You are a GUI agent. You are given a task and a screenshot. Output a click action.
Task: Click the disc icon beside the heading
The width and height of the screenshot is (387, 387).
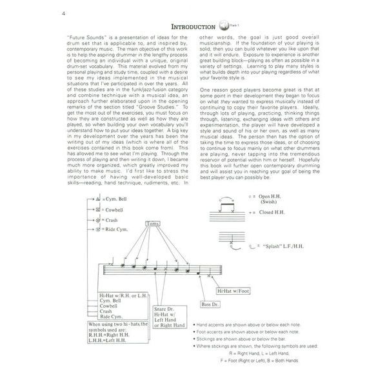[224, 28]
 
